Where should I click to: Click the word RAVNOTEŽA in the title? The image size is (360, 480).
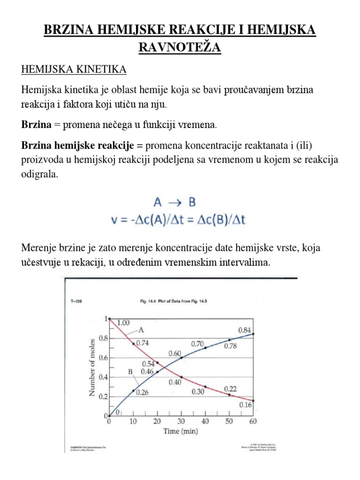pyautogui.click(x=180, y=47)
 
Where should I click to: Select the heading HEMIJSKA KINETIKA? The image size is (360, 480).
pyautogui.click(x=74, y=70)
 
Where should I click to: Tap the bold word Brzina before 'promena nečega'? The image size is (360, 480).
pyautogui.click(x=37, y=125)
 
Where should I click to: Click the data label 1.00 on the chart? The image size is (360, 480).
pyautogui.click(x=123, y=322)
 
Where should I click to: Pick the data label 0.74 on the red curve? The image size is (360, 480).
pyautogui.click(x=142, y=343)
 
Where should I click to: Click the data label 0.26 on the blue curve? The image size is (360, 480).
pyautogui.click(x=142, y=393)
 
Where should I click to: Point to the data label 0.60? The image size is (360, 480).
pyautogui.click(x=174, y=353)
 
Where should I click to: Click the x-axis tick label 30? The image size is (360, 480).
pyautogui.click(x=181, y=421)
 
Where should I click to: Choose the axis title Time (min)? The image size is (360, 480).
pyautogui.click(x=180, y=431)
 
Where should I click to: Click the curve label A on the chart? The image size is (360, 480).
pyautogui.click(x=140, y=330)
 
